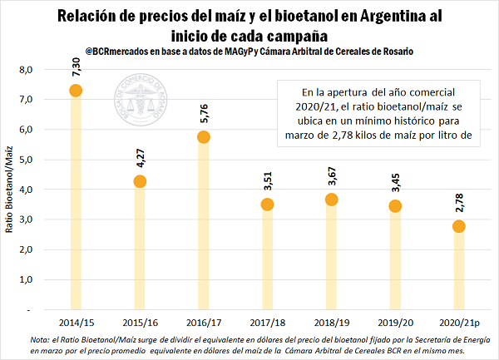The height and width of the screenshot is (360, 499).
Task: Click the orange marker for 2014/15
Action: pyautogui.click(x=76, y=91)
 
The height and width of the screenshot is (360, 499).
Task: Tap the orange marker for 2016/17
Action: pyautogui.click(x=203, y=136)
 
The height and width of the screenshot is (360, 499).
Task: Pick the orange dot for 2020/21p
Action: pyautogui.click(x=459, y=226)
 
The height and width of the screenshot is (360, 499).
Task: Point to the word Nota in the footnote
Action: pyautogui.click(x=40, y=340)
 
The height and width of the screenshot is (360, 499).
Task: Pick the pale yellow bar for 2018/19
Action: pyautogui.click(x=332, y=258)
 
